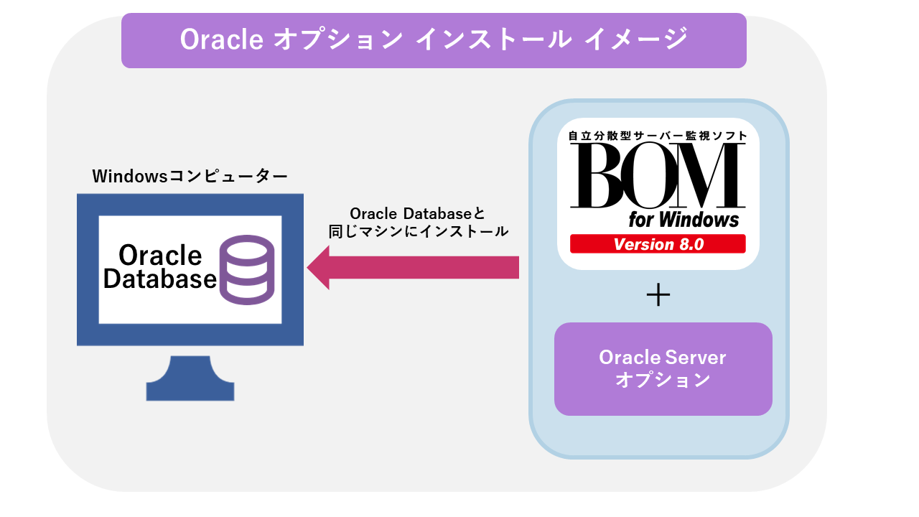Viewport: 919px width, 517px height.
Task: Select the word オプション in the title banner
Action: coord(337,40)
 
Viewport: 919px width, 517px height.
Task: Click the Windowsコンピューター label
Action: coord(190,176)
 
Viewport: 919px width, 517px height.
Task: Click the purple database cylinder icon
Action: coord(247,271)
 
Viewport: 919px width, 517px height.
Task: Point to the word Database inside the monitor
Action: coord(159,279)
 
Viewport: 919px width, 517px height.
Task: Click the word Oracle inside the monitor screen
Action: coord(160,255)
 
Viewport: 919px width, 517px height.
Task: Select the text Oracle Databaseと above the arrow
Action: coord(417,214)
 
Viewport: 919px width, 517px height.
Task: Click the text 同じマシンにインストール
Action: coord(418,232)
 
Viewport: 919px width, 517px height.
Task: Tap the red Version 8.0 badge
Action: coord(658,244)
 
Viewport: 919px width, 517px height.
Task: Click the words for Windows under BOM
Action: coord(684,219)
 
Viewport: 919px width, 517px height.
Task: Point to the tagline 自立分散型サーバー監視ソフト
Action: coord(657,135)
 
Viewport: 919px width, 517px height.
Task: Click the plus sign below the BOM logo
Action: coord(658,296)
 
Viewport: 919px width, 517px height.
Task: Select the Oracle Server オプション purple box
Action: coord(663,368)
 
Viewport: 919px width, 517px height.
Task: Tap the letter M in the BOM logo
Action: coord(707,176)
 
